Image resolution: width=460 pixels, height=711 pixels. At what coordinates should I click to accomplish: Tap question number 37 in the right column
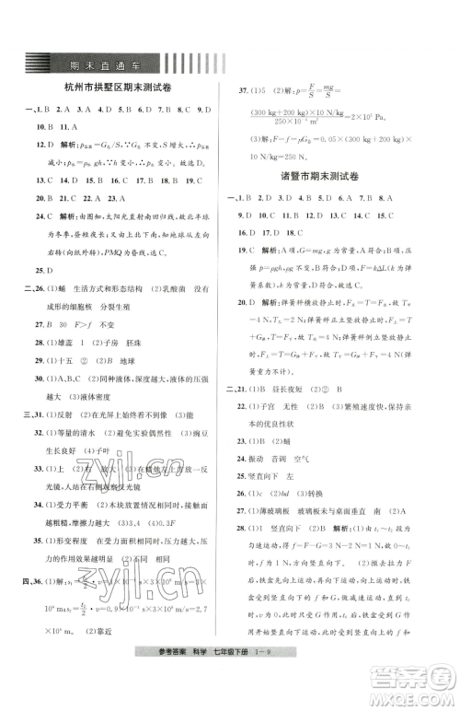click(x=247, y=92)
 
